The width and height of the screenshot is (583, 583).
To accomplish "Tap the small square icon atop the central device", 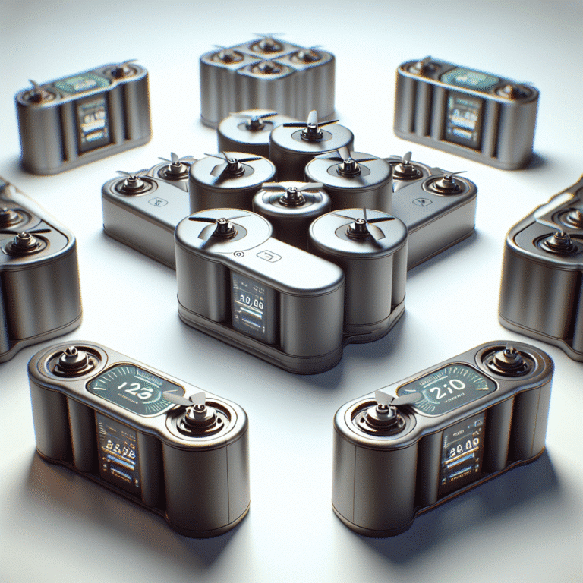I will [x=266, y=256].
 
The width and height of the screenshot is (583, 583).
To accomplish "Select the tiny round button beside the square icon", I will [x=240, y=255].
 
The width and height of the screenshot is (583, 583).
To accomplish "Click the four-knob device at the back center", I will [x=267, y=76].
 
